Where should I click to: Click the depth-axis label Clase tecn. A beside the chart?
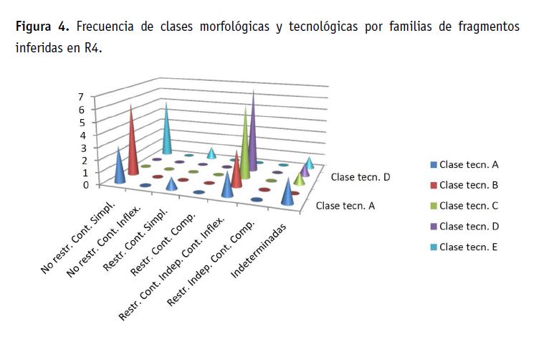(345, 207)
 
